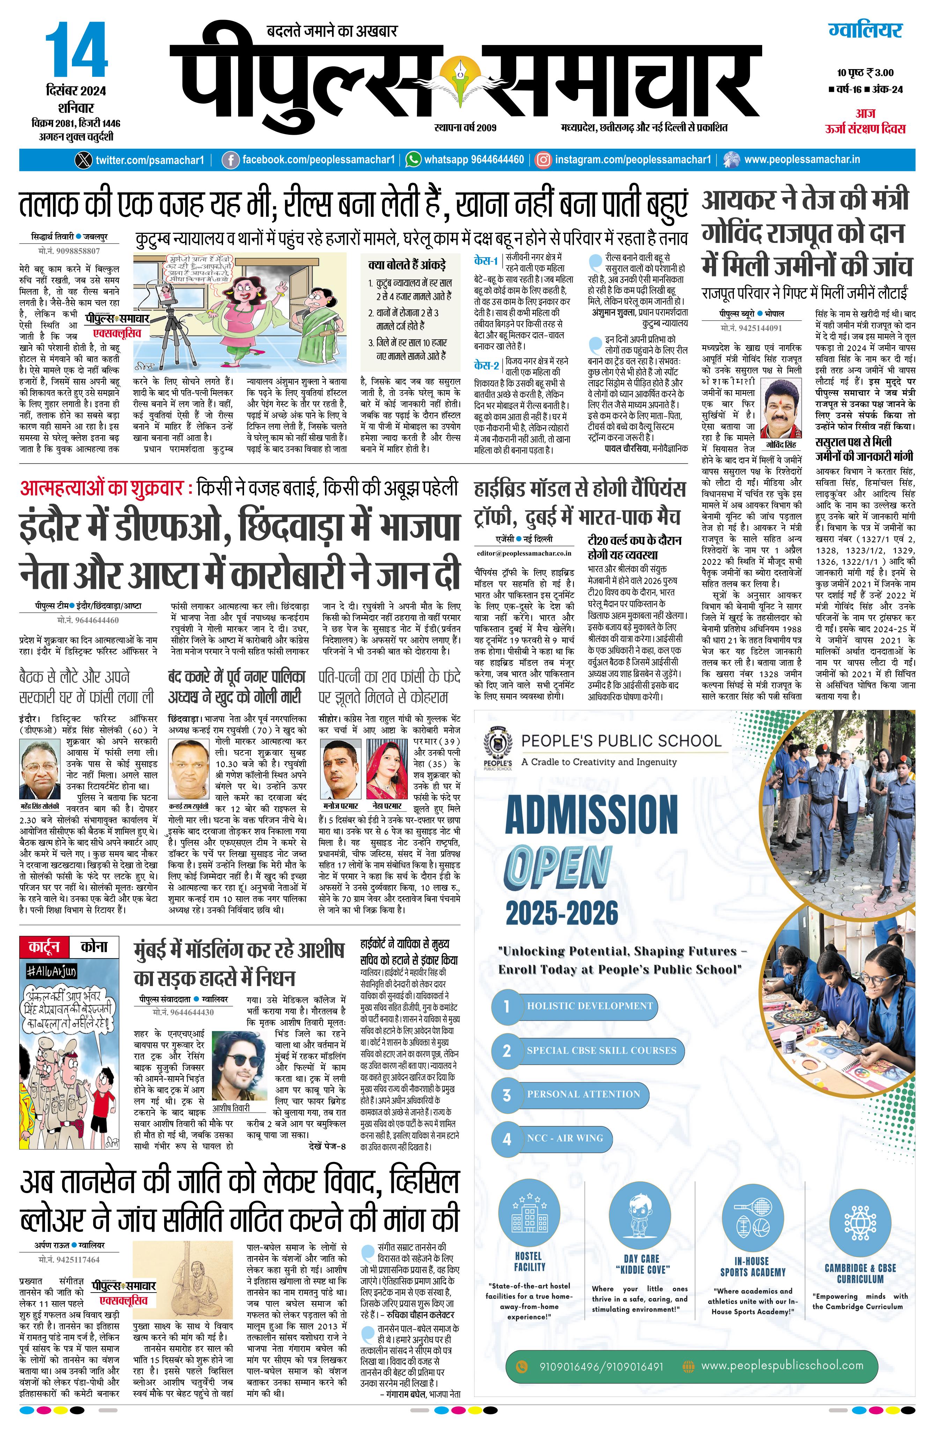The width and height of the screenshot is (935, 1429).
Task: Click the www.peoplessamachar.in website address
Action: [802, 160]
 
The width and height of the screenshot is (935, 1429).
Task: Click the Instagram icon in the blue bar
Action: [543, 160]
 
